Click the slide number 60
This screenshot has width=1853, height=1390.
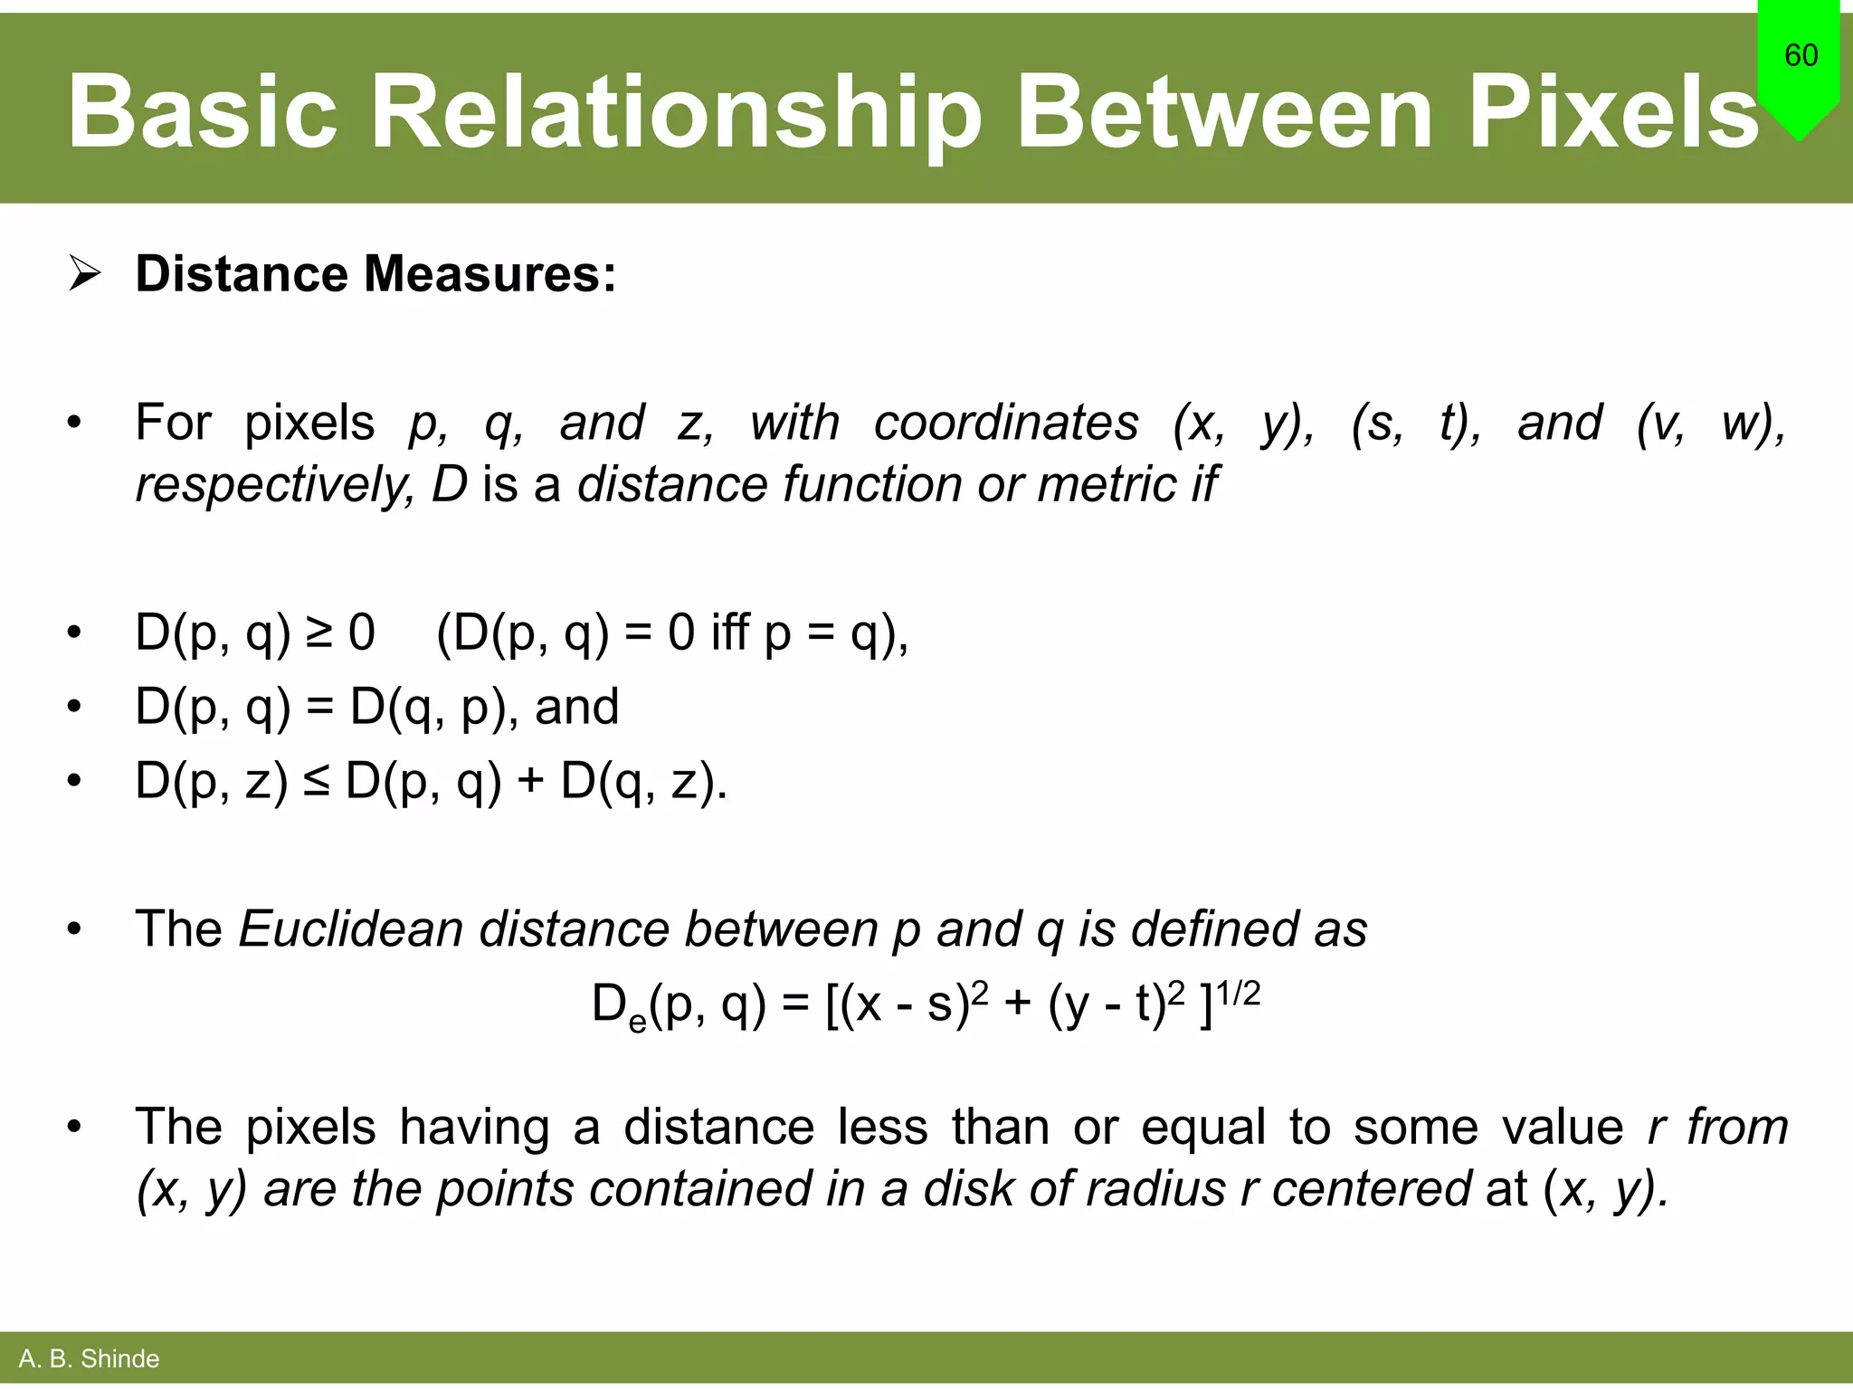[1801, 55]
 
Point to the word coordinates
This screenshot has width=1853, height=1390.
[1006, 423]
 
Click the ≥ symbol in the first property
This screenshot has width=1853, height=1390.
[319, 632]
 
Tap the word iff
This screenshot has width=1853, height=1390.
[730, 632]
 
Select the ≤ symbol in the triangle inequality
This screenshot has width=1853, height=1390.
[316, 780]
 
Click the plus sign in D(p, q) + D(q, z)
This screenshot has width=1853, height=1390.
[531, 780]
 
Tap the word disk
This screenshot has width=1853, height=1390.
[970, 1188]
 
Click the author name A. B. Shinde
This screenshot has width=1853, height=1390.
[89, 1358]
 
